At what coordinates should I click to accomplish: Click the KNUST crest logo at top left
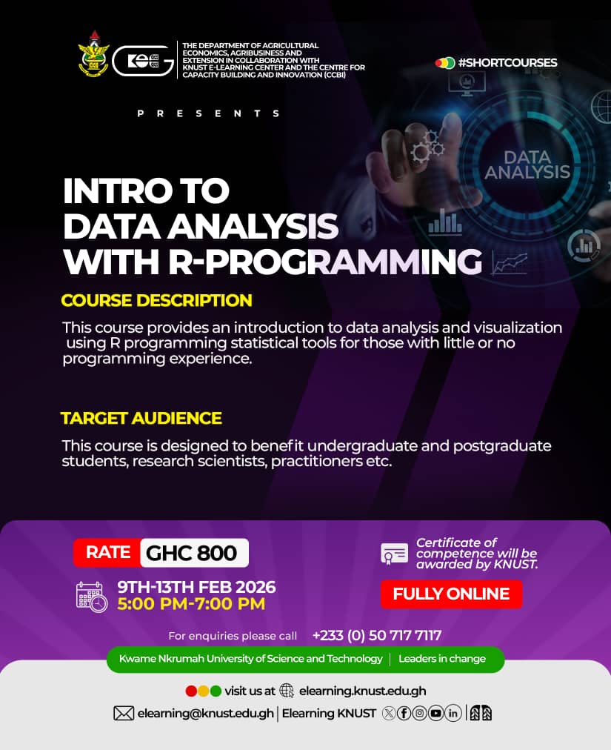click(93, 53)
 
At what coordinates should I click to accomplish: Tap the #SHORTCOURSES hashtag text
click(507, 63)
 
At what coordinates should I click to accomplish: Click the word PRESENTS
click(209, 113)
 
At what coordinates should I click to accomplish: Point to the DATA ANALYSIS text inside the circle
click(527, 165)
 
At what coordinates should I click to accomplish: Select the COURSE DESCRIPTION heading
click(156, 300)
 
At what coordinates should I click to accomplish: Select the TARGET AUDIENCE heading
click(141, 418)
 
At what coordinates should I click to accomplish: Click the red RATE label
click(107, 552)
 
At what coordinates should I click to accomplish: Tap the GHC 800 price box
click(193, 553)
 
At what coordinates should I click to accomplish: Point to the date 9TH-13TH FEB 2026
click(196, 587)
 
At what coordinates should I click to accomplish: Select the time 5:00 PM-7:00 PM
click(191, 604)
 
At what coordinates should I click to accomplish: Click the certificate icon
click(394, 554)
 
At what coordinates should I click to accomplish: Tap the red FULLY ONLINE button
click(451, 594)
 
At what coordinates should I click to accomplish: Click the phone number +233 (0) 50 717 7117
click(377, 635)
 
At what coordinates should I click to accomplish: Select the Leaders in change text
click(442, 659)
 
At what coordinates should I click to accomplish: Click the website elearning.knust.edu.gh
click(362, 691)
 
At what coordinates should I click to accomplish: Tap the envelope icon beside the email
click(123, 713)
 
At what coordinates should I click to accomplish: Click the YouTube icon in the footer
click(435, 713)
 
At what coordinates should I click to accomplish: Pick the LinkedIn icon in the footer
click(453, 713)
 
